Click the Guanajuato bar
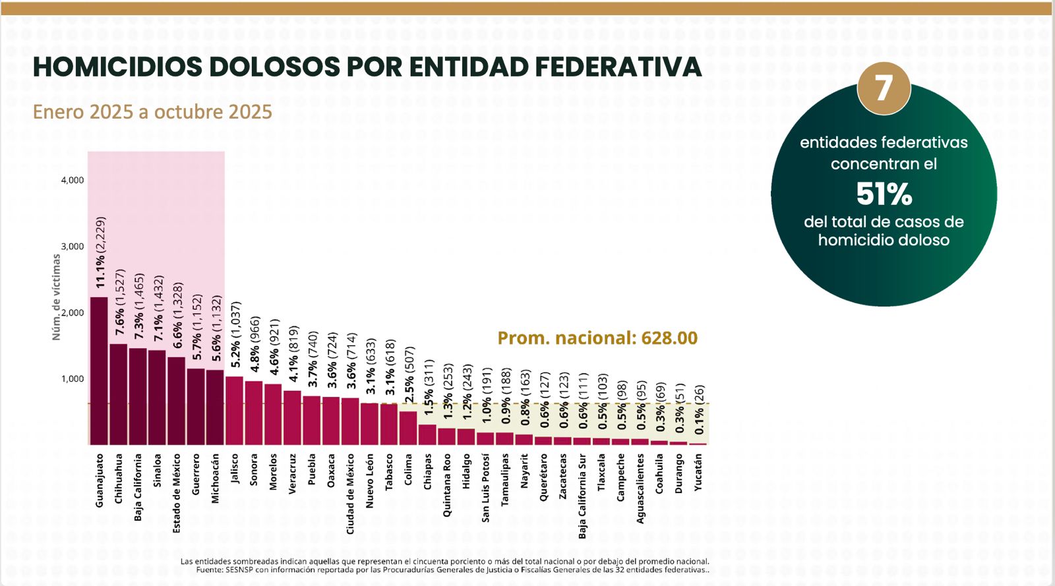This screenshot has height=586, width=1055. click(x=99, y=371)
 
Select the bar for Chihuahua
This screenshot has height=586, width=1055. click(x=119, y=394)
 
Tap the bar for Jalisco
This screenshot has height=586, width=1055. click(x=234, y=411)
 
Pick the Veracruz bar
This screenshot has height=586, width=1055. click(x=292, y=418)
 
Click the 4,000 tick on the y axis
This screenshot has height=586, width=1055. click(x=73, y=180)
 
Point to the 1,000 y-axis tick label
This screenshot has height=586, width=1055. click(x=73, y=379)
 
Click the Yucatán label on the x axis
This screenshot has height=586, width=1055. click(x=698, y=472)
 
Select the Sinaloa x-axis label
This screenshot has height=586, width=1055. click(x=157, y=470)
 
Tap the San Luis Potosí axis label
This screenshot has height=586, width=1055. click(x=485, y=488)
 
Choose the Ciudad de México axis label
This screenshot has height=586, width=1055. click(x=350, y=494)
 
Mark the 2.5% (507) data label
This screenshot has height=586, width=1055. click(x=409, y=374)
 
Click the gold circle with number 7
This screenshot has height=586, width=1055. click(x=884, y=88)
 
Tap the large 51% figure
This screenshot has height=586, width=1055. click(x=884, y=194)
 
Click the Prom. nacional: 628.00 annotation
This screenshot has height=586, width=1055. click(x=597, y=338)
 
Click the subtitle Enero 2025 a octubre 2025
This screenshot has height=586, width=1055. click(x=152, y=111)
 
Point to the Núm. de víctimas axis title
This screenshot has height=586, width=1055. click(x=56, y=297)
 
